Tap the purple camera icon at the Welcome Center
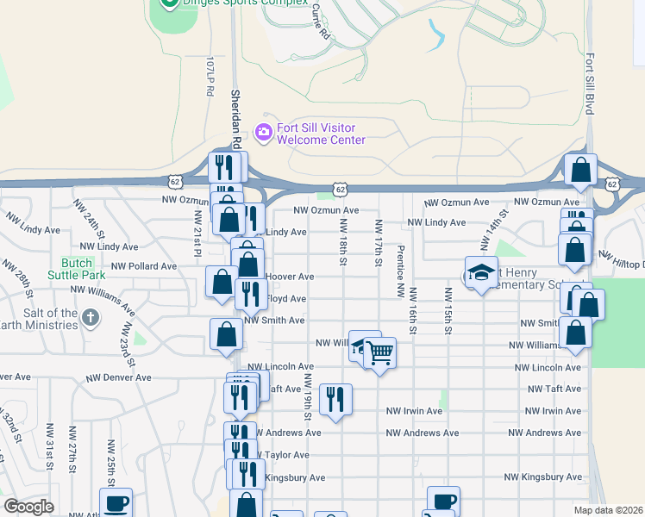click(x=262, y=133)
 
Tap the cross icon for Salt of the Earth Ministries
click(x=89, y=319)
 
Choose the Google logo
click(x=28, y=507)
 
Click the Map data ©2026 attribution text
click(x=609, y=510)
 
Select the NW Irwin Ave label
click(x=414, y=411)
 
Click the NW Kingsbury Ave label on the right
click(x=542, y=477)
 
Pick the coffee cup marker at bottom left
click(x=116, y=502)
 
